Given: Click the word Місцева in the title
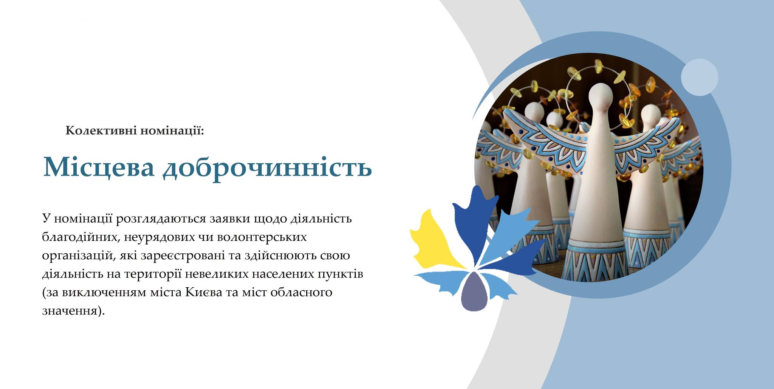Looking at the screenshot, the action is [99, 166].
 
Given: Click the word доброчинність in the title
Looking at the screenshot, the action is [267, 168].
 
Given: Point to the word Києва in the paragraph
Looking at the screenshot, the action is [204, 293].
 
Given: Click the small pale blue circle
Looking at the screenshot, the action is [700, 77].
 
